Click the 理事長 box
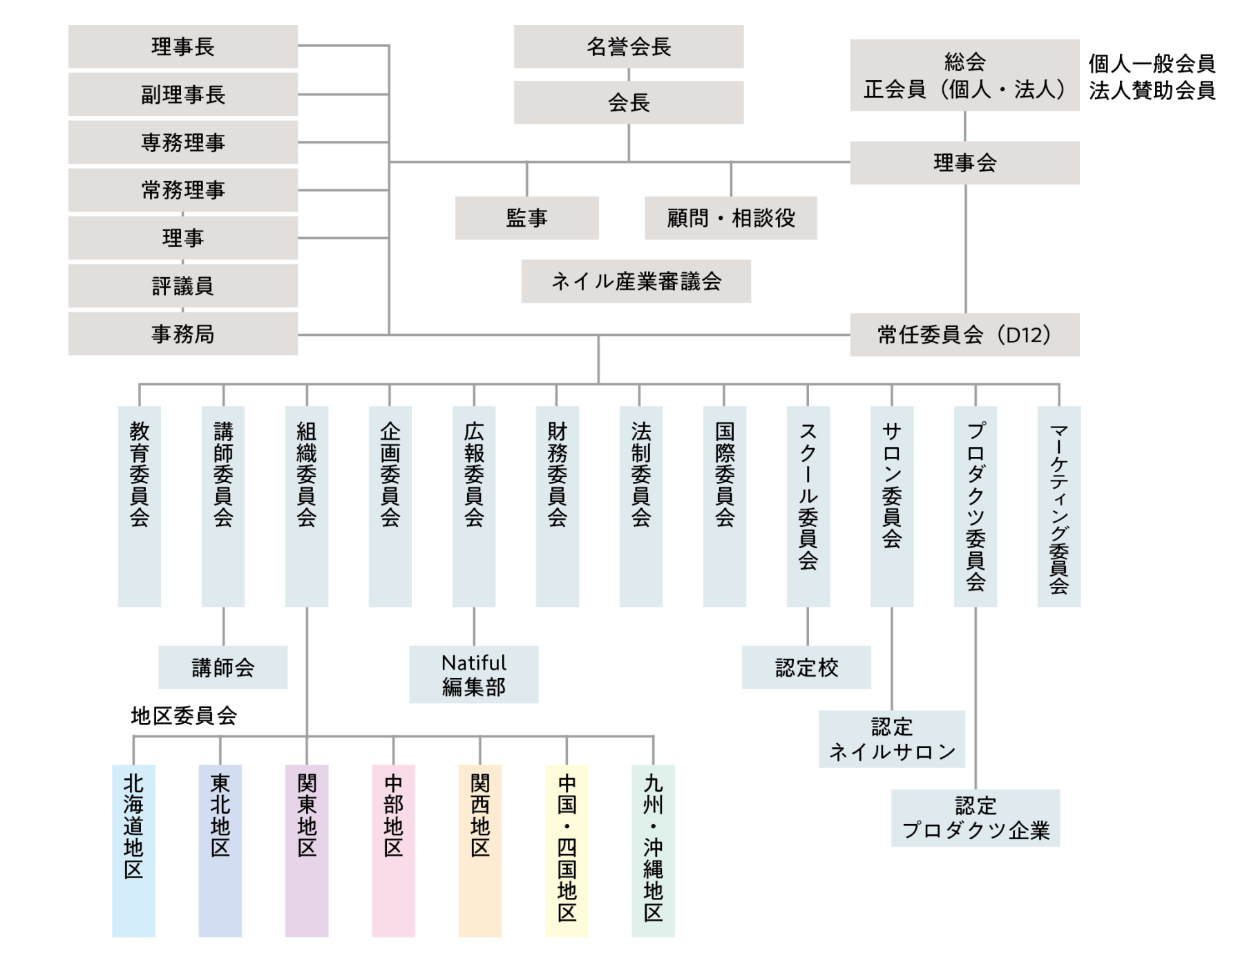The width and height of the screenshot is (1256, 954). pos(183,46)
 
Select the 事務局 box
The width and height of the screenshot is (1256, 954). pos(183,334)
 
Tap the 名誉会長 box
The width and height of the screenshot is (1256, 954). pos(629,46)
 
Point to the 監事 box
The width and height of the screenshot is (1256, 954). pos(527,218)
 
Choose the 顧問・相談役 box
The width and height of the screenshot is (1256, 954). pos(731,218)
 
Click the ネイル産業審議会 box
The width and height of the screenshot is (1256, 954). pos(636,281)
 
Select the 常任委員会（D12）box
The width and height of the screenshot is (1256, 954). pos(964,335)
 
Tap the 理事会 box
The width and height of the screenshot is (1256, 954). pos(964,162)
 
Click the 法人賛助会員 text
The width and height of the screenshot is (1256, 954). pos(1152,91)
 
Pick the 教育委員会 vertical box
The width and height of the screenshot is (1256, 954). pos(140,506)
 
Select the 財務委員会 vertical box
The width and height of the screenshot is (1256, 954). pos(558,506)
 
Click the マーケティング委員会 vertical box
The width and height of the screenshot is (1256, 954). pos(1059,506)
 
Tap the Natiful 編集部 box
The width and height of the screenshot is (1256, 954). pos(474,674)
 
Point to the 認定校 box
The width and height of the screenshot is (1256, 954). pos(806,667)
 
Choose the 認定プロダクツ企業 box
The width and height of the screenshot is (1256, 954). pos(976,818)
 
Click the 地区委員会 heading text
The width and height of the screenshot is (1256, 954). pos(184,715)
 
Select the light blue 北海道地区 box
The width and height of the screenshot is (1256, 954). pos(133,850)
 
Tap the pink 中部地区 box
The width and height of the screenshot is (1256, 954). pos(393,850)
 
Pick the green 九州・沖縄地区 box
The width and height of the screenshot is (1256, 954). pos(653,850)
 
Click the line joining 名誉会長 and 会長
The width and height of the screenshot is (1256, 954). pos(629,75)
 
